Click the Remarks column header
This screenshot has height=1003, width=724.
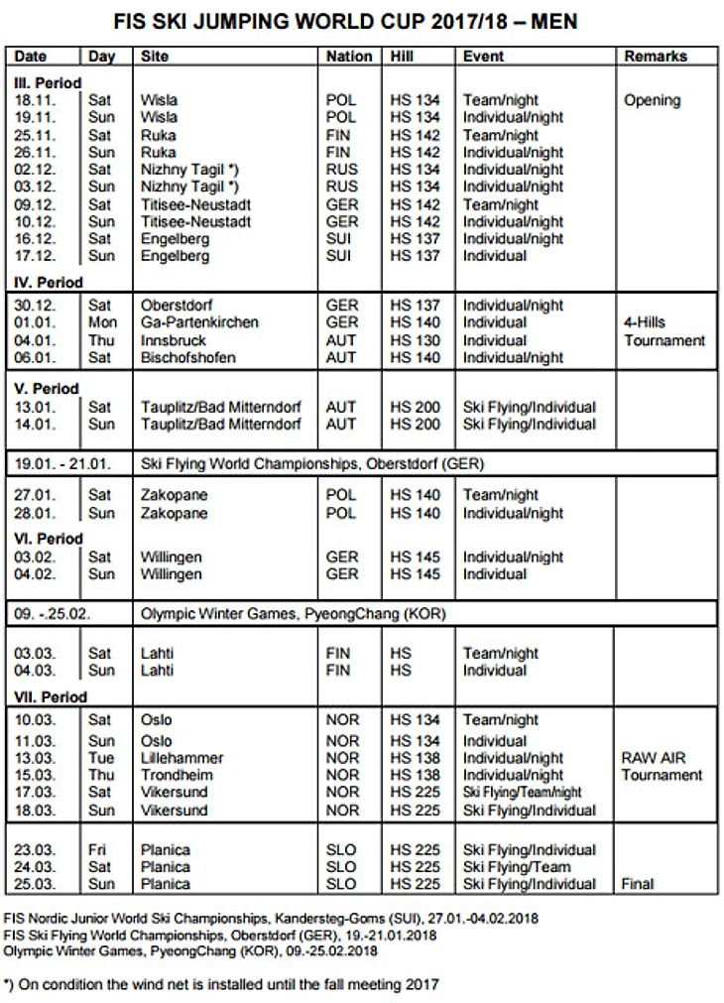pos(656,57)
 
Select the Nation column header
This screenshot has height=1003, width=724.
pos(349,57)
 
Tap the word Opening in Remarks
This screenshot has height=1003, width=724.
pos(652,100)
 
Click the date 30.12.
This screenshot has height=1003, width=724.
pos(36,305)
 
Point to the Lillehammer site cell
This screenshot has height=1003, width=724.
pos(181,758)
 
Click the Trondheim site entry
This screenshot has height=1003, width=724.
pos(176,775)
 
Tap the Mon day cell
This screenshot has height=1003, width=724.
pos(101,322)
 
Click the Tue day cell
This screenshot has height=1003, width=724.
pos(100,758)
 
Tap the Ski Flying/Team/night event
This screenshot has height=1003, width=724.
pos(522,793)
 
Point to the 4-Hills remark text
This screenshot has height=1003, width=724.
pos(646,322)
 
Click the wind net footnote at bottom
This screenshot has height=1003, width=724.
pos(220,985)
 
